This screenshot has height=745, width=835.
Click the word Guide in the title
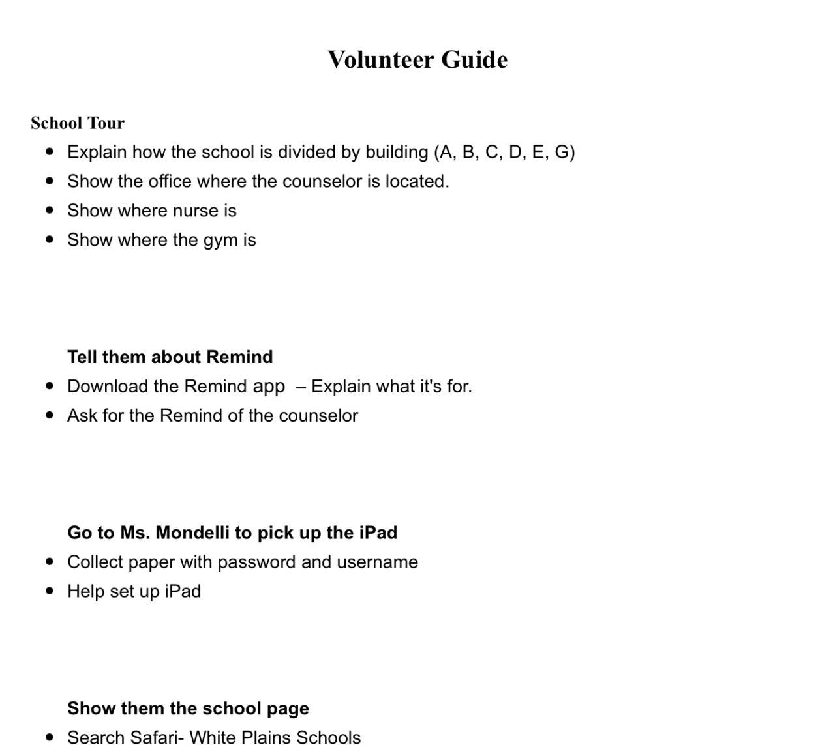[474, 60]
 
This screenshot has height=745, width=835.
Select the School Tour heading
[78, 123]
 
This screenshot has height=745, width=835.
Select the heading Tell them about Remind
[170, 357]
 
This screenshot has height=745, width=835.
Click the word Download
[108, 387]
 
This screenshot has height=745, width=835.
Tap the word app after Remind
[269, 387]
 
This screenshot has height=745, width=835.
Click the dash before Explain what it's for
[300, 387]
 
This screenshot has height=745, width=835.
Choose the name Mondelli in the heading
[192, 533]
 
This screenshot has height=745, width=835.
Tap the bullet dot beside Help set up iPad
[50, 591]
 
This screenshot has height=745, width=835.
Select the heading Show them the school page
[188, 708]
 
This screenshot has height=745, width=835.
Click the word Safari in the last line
[153, 737]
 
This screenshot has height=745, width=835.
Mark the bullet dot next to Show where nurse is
[50, 211]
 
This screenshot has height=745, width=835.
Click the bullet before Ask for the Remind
[50, 416]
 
